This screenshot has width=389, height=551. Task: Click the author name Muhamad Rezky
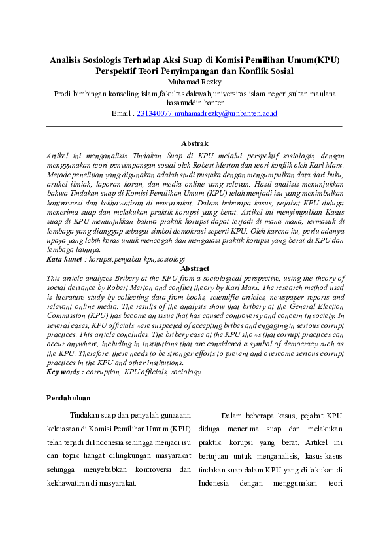pyautogui.click(x=194, y=82)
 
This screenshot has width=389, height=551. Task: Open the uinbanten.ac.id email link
pyautogui.click(x=207, y=113)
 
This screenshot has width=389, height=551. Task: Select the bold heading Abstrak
pyautogui.click(x=194, y=143)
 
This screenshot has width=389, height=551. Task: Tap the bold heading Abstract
pyautogui.click(x=194, y=268)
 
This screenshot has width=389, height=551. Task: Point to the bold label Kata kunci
pyautogui.click(x=63, y=260)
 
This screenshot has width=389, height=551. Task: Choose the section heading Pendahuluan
pyautogui.click(x=69, y=398)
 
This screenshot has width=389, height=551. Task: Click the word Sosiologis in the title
pyautogui.click(x=113, y=60)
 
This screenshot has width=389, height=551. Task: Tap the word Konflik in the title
pyautogui.click(x=247, y=71)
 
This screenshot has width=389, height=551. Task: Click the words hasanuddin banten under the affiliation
pyautogui.click(x=194, y=103)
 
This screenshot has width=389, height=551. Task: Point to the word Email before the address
pyautogui.click(x=122, y=113)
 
